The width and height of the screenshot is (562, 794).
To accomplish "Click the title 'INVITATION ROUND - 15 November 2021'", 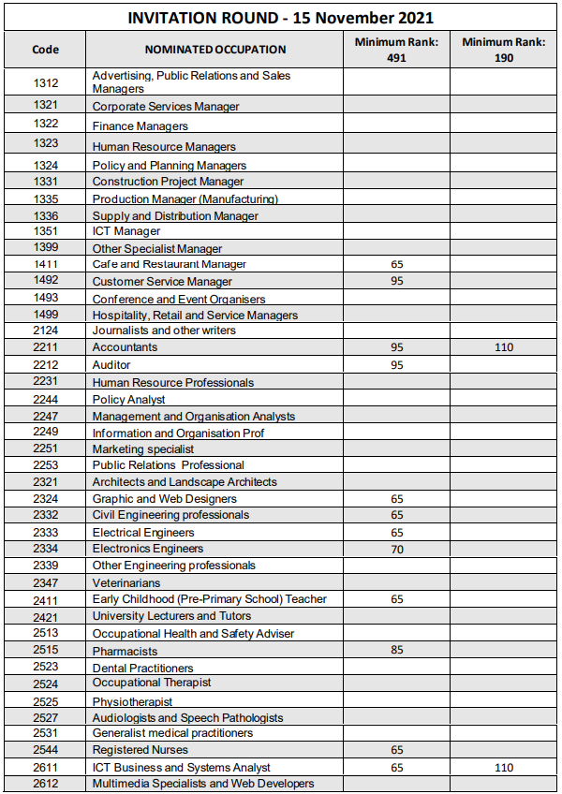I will click(x=280, y=18).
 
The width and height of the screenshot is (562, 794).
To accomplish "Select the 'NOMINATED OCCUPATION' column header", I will click(x=215, y=50).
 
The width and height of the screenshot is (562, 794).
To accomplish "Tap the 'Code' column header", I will click(x=45, y=50).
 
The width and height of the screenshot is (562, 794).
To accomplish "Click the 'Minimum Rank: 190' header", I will click(x=504, y=50).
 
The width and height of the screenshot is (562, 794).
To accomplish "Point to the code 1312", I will click(x=45, y=82).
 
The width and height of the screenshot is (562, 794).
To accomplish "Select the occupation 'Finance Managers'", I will click(x=140, y=126).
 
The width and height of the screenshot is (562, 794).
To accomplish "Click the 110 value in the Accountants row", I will click(x=504, y=347).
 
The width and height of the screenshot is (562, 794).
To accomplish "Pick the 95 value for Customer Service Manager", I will click(x=396, y=281).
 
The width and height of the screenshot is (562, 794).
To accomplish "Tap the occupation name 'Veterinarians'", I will click(x=126, y=583).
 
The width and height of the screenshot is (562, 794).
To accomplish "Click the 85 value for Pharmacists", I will click(x=396, y=651).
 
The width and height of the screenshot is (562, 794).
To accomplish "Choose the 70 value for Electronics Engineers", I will click(x=396, y=550).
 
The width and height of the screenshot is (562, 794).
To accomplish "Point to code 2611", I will click(x=45, y=767).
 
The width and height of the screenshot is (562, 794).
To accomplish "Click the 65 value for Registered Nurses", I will click(x=396, y=750).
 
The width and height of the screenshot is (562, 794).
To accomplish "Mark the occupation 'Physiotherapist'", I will click(x=132, y=702).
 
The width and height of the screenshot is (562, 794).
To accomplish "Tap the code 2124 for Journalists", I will click(x=45, y=331).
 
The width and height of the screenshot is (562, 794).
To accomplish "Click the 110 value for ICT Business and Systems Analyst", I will click(x=504, y=767).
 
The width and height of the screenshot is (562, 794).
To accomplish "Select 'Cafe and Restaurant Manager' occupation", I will click(x=170, y=265).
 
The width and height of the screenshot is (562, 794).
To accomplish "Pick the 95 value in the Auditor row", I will click(x=396, y=365).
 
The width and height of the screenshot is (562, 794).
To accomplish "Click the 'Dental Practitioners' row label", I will click(x=143, y=669).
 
